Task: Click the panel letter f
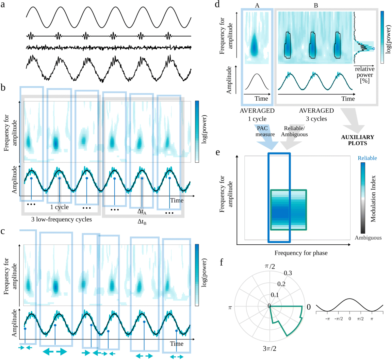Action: (222, 262)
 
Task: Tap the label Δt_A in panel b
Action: (142, 212)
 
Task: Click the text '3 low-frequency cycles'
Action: (61, 219)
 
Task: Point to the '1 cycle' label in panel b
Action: (59, 207)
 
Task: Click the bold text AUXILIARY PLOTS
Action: (358, 140)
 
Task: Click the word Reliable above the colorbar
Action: (367, 158)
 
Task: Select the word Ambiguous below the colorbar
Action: (368, 238)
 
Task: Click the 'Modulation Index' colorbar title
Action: (373, 199)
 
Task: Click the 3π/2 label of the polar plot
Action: (269, 349)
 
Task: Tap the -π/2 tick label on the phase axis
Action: (339, 319)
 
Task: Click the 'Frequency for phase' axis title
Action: (301, 253)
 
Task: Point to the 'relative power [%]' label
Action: (365, 75)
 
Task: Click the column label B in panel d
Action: (316, 5)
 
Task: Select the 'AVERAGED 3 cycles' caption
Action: (316, 115)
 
